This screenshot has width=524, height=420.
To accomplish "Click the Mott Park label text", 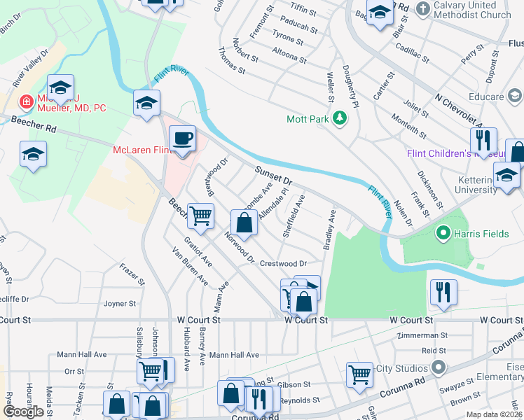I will [x=308, y=119].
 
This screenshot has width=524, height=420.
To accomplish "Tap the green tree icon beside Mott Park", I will [x=340, y=118].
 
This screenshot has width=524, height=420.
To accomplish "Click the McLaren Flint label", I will [x=142, y=150].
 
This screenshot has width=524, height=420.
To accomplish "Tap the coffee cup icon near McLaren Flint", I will [x=182, y=139].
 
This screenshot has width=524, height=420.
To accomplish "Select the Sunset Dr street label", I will [x=273, y=175].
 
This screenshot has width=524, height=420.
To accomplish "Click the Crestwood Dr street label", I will [x=284, y=264].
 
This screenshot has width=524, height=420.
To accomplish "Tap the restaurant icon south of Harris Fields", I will [x=443, y=290].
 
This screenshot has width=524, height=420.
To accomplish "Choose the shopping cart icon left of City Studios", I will [x=359, y=373].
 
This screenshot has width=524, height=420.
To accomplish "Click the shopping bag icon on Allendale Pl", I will [x=244, y=224].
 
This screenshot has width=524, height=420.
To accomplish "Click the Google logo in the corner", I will [x=23, y=412].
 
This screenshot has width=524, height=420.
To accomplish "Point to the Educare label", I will [x=487, y=97].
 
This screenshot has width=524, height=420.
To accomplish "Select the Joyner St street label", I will [x=119, y=304].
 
